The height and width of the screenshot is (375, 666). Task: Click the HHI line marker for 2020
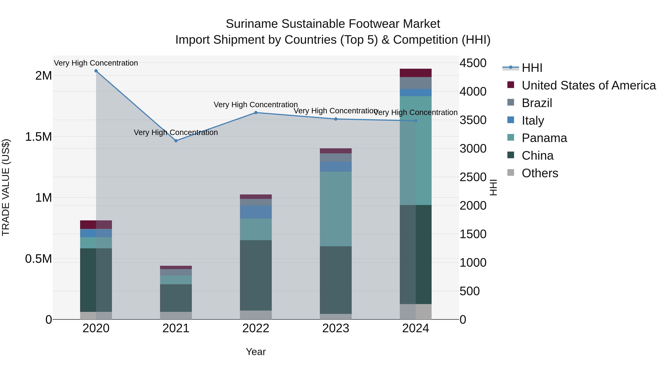click(x=96, y=71)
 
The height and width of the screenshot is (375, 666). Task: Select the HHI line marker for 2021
click(x=176, y=141)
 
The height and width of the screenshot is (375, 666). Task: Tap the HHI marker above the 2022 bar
click(x=256, y=113)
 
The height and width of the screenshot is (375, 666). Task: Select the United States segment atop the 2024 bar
click(x=416, y=73)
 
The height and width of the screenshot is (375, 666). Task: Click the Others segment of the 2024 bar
click(x=416, y=312)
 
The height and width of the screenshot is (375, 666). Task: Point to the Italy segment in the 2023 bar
click(x=336, y=166)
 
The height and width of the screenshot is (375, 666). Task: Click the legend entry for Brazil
click(x=537, y=103)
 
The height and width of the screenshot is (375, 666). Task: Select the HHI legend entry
click(x=532, y=68)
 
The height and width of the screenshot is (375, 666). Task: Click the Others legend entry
click(x=540, y=173)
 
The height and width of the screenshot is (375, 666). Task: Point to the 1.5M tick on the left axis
click(x=38, y=137)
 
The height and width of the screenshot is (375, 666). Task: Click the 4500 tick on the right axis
click(x=473, y=63)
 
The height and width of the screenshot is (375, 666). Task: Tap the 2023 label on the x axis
click(x=336, y=328)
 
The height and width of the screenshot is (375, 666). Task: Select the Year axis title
click(x=256, y=352)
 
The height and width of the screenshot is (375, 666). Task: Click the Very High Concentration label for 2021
click(x=176, y=133)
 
